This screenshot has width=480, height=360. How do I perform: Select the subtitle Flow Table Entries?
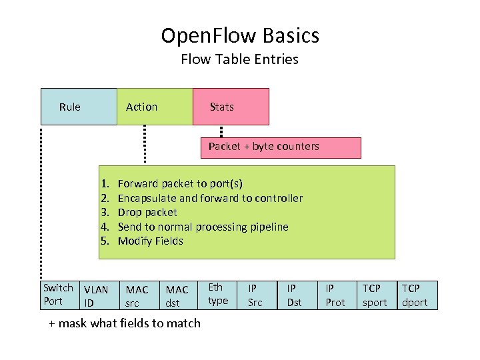click(239, 59)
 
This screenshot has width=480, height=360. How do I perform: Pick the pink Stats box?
click(231, 107)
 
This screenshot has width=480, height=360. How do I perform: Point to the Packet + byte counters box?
click(281, 147)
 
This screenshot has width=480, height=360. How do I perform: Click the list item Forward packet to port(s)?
click(180, 183)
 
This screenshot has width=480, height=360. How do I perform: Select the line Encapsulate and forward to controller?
click(210, 198)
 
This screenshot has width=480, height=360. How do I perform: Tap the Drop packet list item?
click(147, 212)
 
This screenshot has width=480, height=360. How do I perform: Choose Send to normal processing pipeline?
click(203, 227)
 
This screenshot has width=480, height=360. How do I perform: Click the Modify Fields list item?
click(150, 241)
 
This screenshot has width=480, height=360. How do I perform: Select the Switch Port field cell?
click(59, 295)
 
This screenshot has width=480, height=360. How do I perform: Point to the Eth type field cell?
click(219, 294)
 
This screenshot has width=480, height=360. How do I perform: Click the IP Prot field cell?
click(335, 295)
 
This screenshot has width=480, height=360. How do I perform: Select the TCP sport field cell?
click(375, 295)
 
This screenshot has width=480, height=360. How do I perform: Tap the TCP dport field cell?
click(415, 295)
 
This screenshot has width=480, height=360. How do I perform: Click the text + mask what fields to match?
click(125, 323)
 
